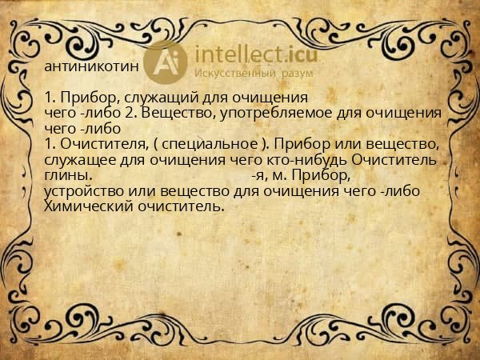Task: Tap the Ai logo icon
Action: (166, 62)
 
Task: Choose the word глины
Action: (67, 174)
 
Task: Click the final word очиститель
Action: (176, 206)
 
